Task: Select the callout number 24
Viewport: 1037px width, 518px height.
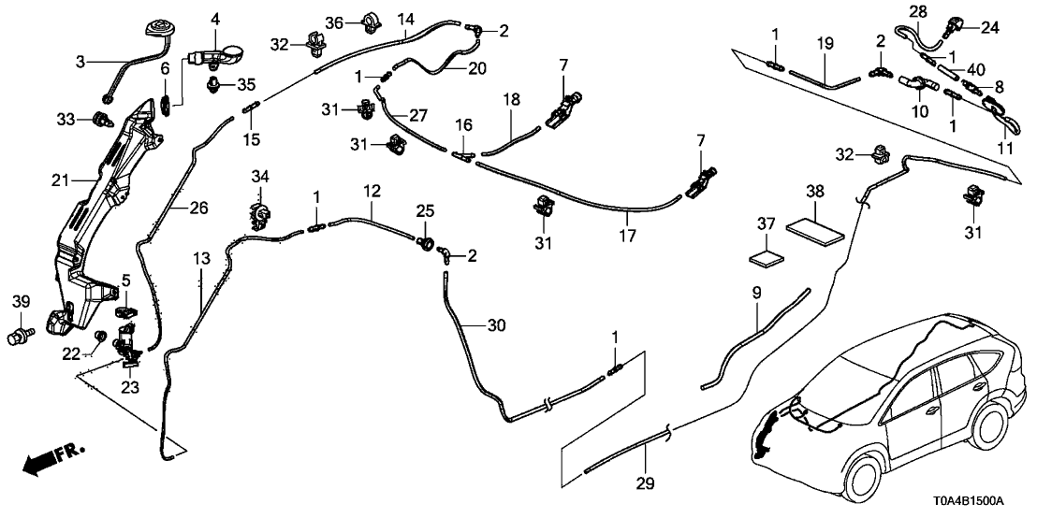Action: coord(989,27)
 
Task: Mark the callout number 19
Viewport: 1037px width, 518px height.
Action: coord(824,44)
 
